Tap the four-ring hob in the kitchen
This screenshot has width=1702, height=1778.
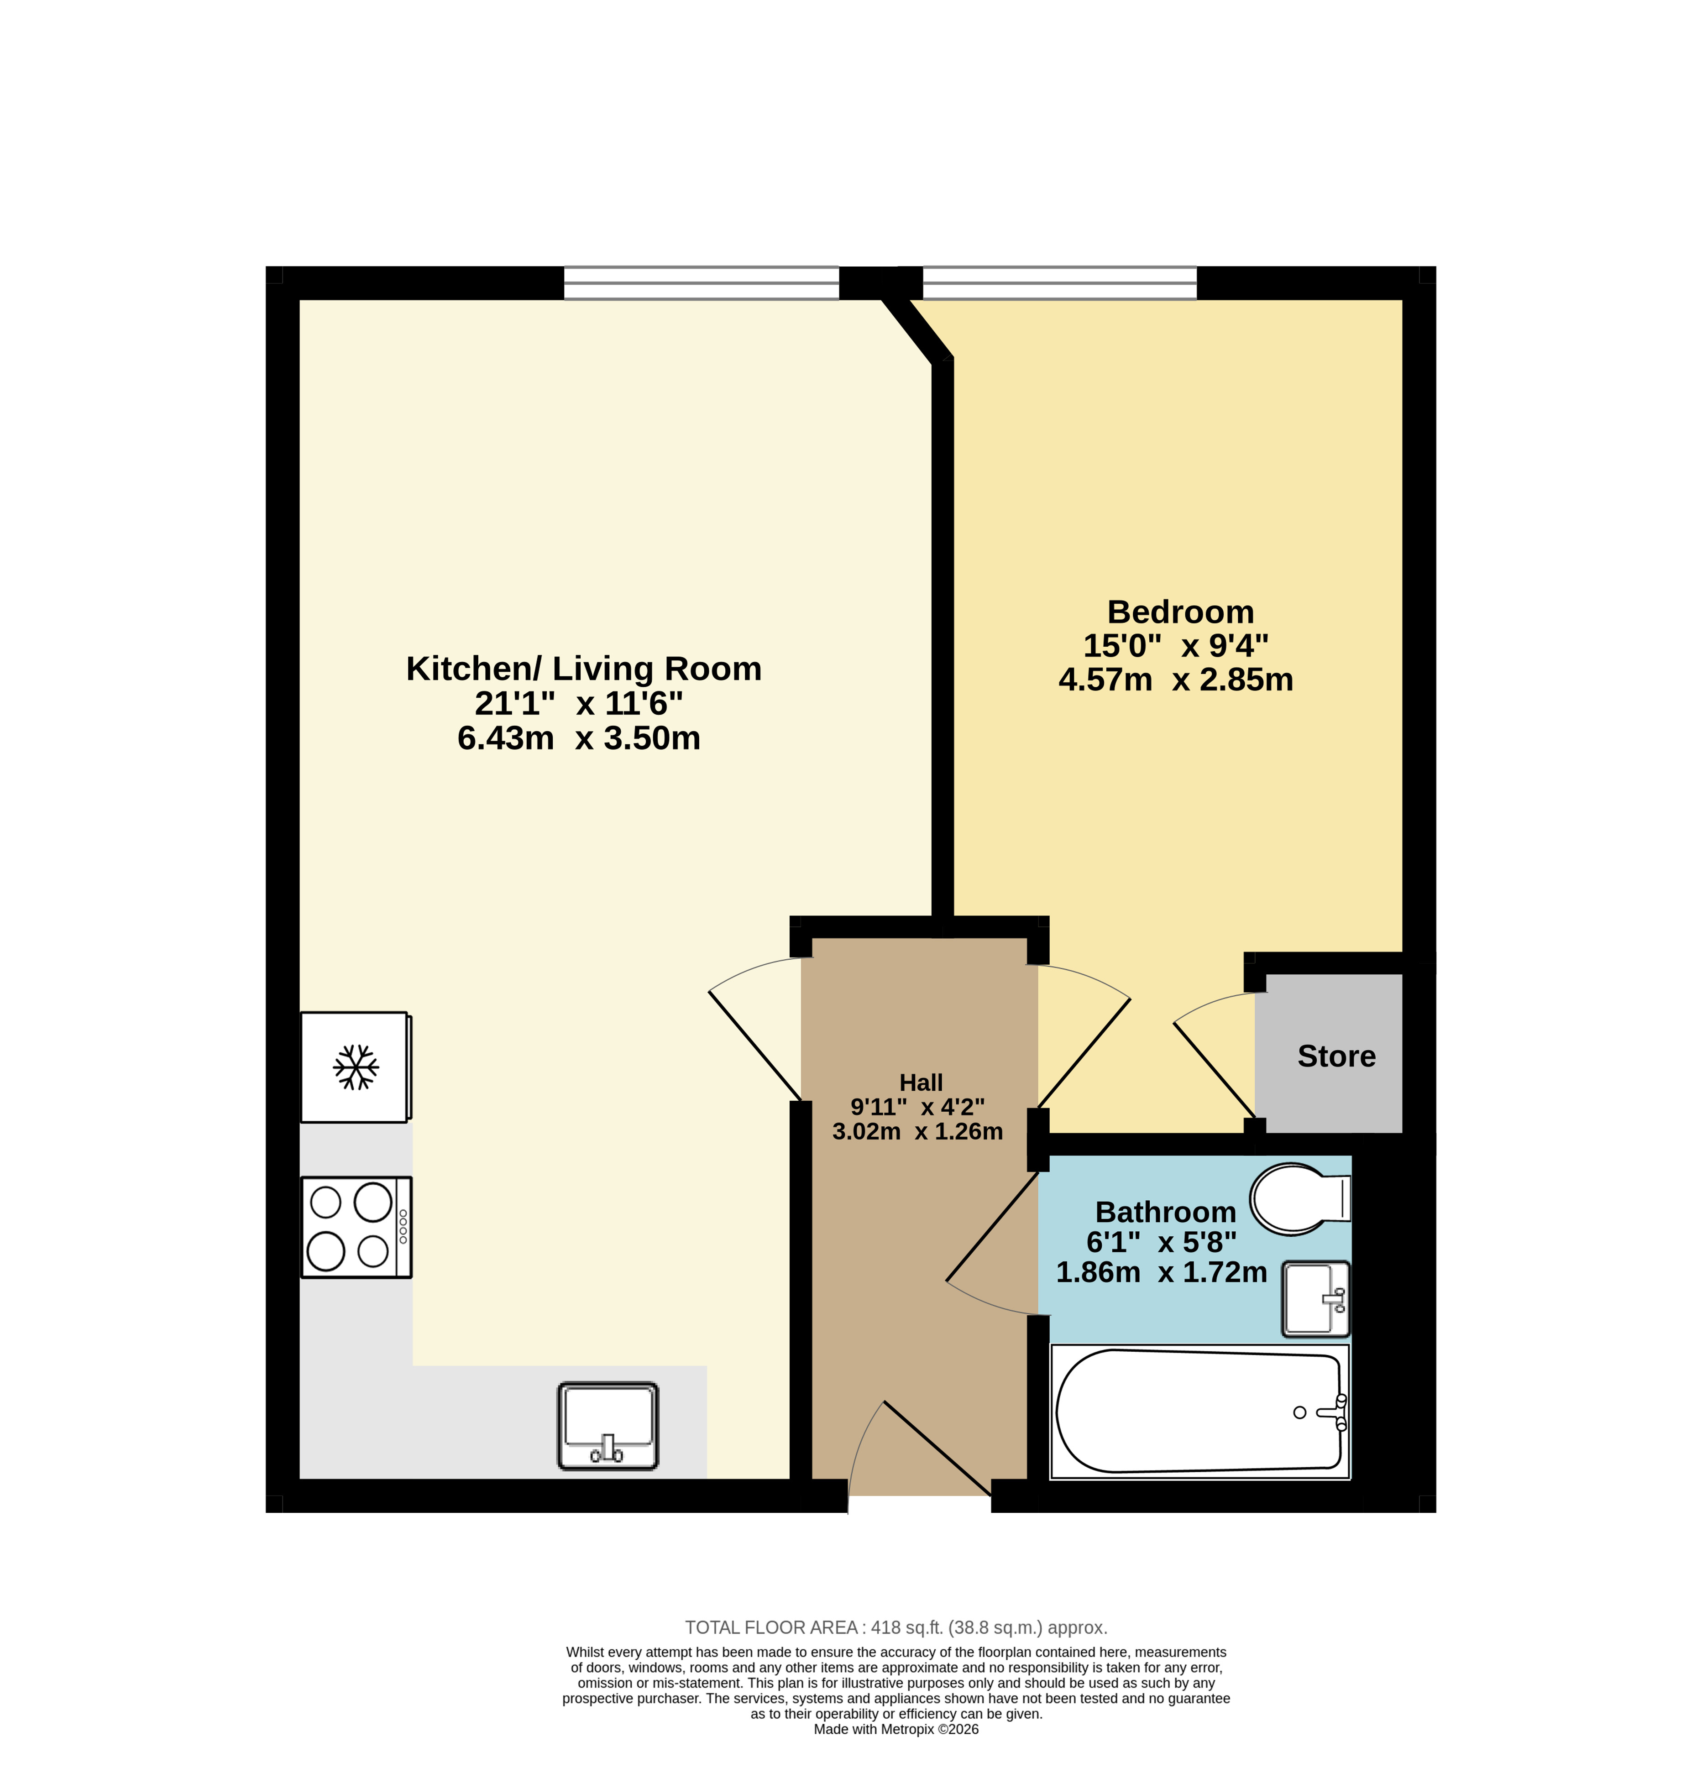tap(356, 1227)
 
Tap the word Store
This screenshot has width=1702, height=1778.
tap(1336, 1056)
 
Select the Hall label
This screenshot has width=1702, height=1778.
tap(921, 1082)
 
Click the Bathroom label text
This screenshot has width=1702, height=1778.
tap(1166, 1212)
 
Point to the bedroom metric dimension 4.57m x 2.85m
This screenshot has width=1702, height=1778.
tap(1176, 680)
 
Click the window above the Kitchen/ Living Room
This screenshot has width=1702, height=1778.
tap(702, 283)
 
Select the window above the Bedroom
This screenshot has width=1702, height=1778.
tap(1060, 283)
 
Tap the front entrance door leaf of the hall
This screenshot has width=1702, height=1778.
tap(937, 1449)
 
